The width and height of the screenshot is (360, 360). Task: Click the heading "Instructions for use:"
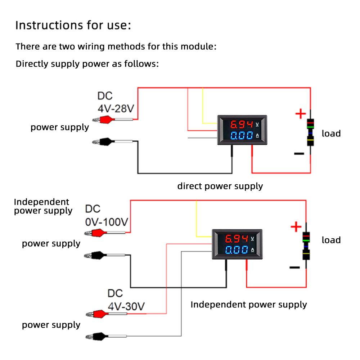tap(73, 26)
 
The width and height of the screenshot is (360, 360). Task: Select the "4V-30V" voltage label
tap(126, 306)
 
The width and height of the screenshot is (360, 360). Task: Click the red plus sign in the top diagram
tap(300, 114)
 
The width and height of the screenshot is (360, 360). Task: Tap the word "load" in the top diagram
tap(331, 134)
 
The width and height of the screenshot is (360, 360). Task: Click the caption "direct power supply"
tap(220, 186)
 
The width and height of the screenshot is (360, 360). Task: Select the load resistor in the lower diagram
tap(306, 247)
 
